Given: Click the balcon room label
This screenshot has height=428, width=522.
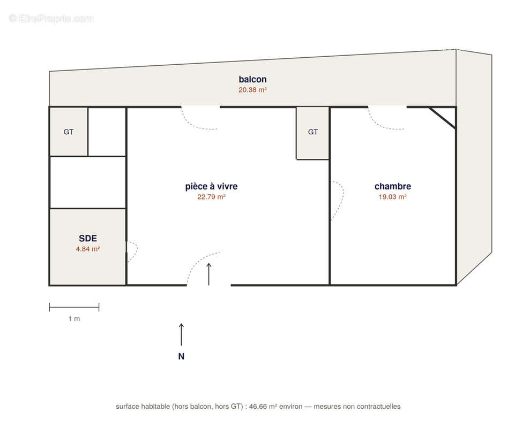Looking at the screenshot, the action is (x=252, y=79).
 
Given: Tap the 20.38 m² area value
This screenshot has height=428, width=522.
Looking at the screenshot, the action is (x=252, y=90).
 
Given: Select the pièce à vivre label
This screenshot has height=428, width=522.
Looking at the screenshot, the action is (x=211, y=186).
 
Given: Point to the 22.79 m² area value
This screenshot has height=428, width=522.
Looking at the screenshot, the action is (x=211, y=197).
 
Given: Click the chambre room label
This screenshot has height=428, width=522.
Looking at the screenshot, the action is (x=393, y=186).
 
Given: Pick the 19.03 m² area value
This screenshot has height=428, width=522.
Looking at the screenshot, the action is (x=393, y=197).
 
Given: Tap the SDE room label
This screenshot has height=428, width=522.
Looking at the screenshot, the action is (x=88, y=238).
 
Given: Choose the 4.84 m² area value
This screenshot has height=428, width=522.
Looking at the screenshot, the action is (x=88, y=249).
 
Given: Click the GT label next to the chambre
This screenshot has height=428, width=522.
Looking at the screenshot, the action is (x=313, y=132).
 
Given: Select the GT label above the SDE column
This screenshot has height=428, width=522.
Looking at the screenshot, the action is (x=68, y=132).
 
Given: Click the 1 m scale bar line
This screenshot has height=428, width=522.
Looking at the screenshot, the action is (x=74, y=308).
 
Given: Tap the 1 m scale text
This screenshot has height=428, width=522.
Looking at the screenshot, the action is (x=74, y=319).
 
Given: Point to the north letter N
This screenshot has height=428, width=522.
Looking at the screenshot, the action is (x=181, y=356).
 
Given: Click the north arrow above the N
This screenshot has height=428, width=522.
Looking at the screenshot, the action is (x=182, y=334).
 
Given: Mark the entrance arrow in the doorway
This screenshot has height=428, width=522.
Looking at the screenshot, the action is (x=208, y=274).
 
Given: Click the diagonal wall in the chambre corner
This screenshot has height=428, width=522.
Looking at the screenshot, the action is (x=443, y=118).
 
